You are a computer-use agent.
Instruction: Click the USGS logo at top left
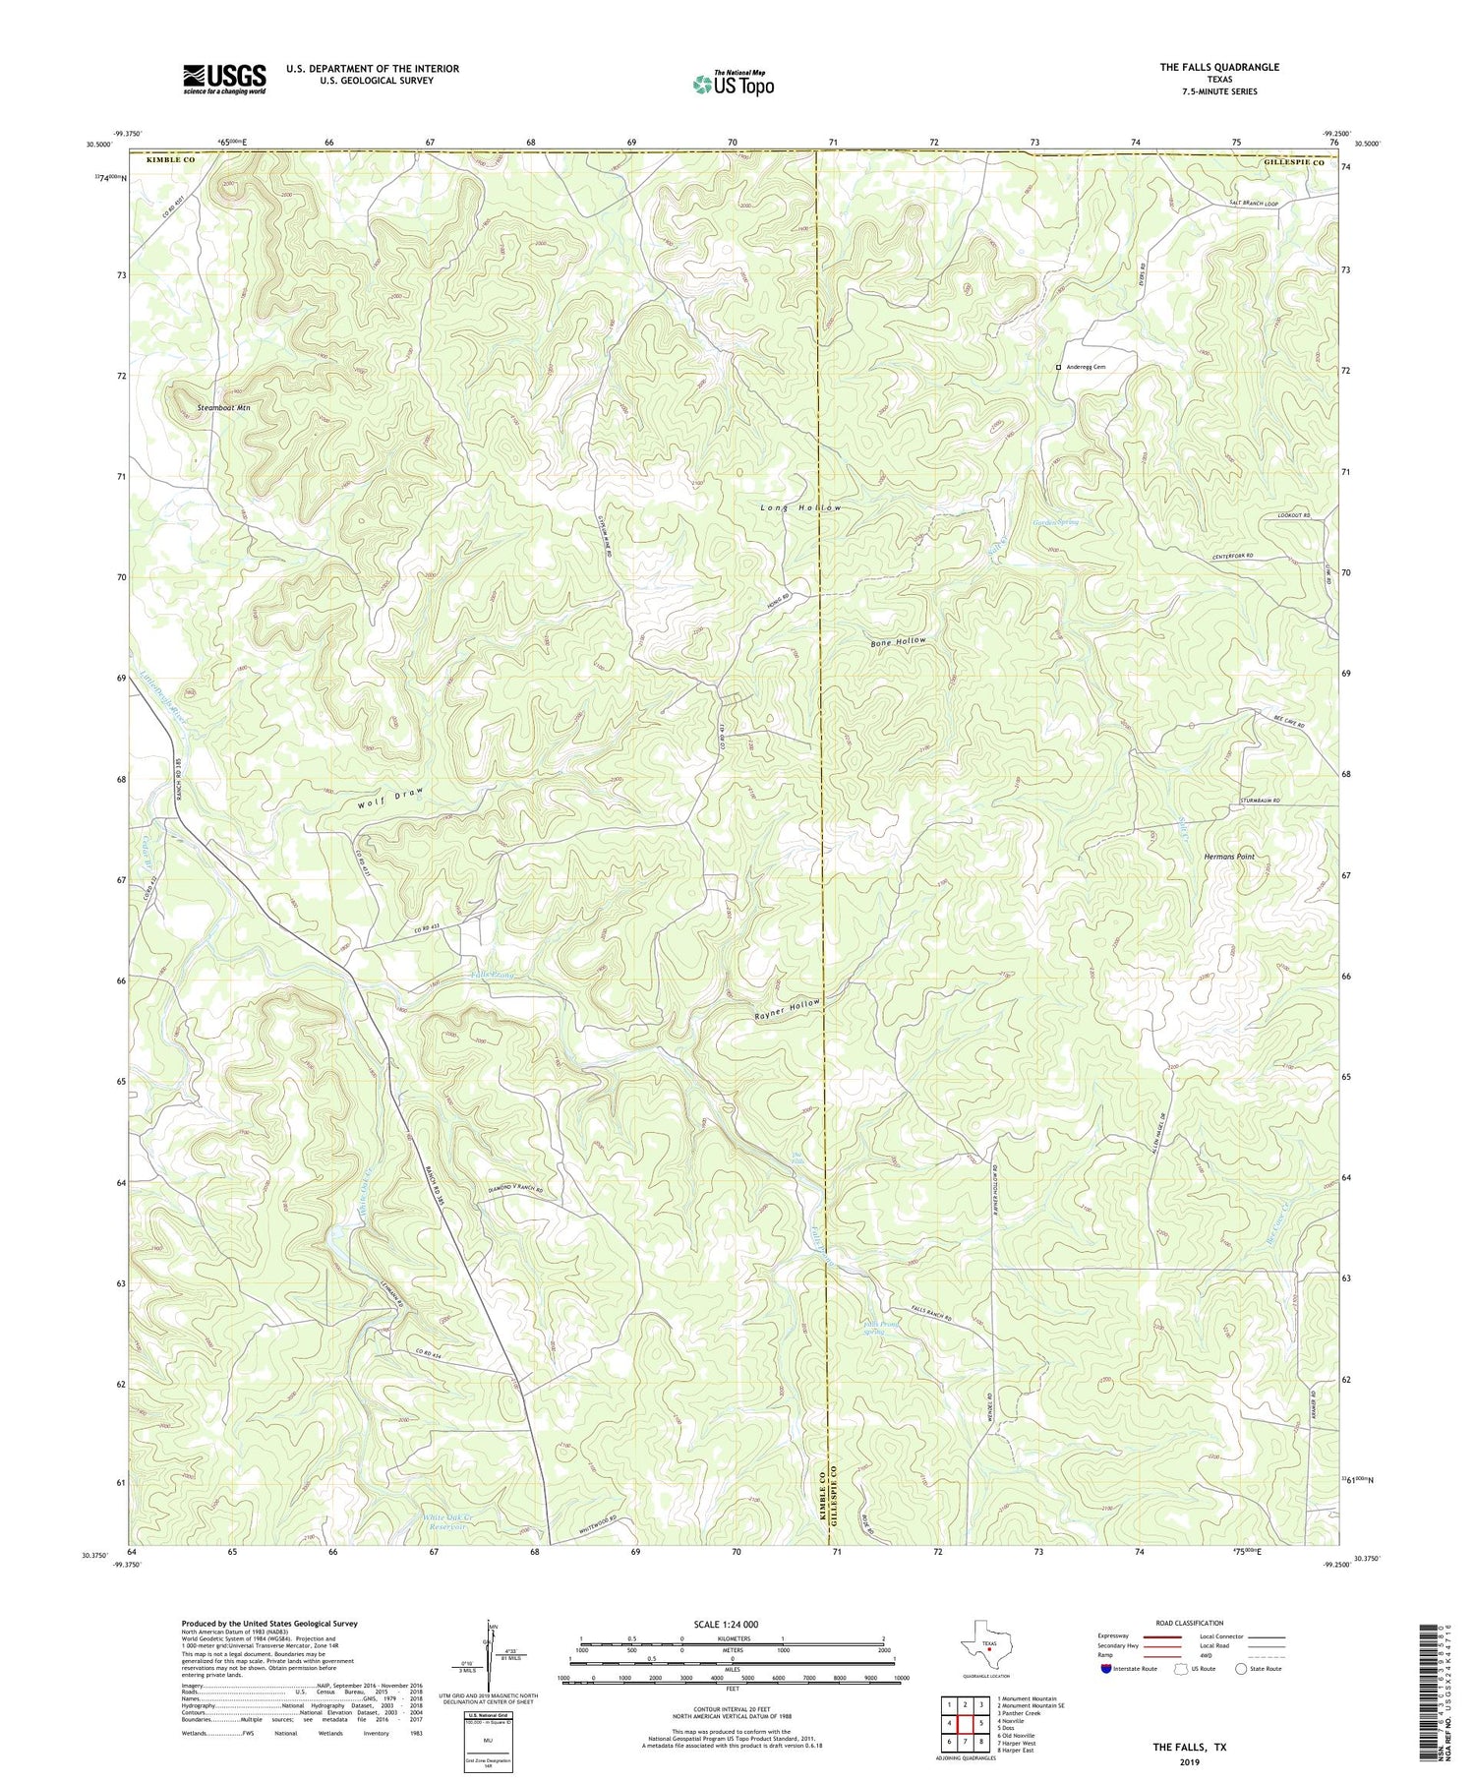pos(224,79)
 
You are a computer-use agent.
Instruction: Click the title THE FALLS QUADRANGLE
pos(1218,67)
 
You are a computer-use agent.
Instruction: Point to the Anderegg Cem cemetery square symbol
pos(1058,367)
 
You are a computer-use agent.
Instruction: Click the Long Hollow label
pos(801,507)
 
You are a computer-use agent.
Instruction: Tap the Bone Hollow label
pos(898,641)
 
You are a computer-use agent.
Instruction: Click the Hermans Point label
pos(1229,857)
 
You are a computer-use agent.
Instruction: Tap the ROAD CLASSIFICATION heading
pos(1189,1623)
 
